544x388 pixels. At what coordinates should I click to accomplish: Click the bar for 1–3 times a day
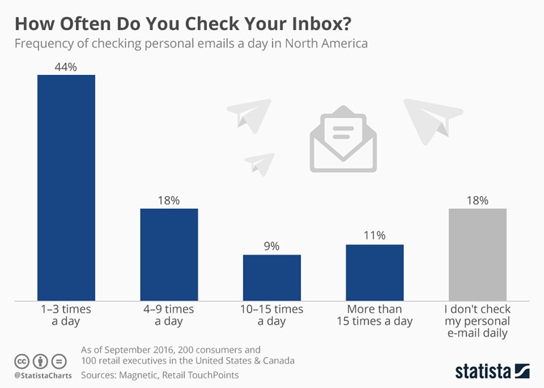66,187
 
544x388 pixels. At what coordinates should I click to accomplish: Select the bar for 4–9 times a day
169,254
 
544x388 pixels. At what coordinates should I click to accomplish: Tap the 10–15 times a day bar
272,277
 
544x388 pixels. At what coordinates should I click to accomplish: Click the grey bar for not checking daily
478,254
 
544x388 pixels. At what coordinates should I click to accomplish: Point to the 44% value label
66,66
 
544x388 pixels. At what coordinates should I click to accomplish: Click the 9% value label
272,246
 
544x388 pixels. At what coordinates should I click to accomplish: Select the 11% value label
375,236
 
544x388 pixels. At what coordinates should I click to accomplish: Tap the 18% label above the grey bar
478,200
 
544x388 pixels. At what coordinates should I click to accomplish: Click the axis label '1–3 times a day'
66,315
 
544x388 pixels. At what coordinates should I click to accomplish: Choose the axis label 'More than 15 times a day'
375,315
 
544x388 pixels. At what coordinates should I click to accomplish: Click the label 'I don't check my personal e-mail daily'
478,321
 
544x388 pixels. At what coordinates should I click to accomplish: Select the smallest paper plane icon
259,163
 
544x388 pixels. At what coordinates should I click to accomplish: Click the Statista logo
492,371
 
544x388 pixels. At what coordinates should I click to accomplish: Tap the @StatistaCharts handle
41,374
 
